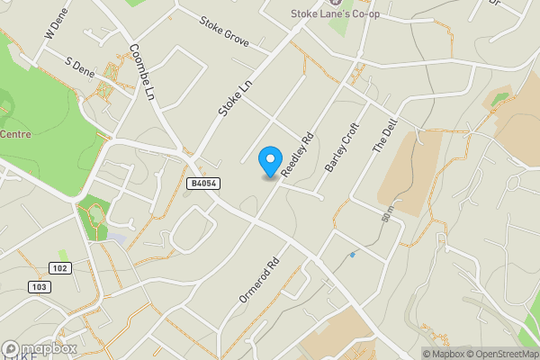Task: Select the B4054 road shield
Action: click(x=202, y=184)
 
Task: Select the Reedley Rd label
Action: click(x=298, y=154)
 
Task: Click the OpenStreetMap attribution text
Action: click(x=499, y=354)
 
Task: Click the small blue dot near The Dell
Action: click(x=352, y=255)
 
